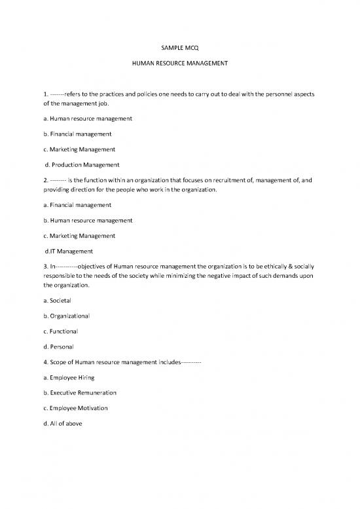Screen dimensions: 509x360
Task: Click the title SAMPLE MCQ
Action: [x=179, y=47]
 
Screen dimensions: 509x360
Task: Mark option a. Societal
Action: [x=56, y=301]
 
